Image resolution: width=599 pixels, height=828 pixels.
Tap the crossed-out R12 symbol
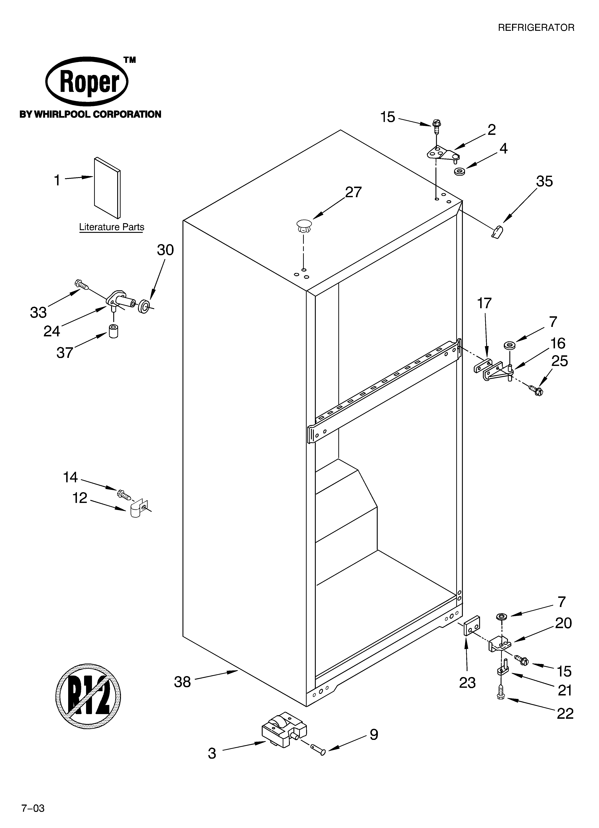click(88, 697)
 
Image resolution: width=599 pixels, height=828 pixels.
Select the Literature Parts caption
click(112, 227)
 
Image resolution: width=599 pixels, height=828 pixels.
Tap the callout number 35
click(544, 181)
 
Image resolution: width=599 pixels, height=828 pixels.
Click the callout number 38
click(182, 682)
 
